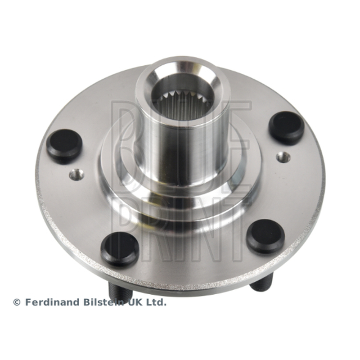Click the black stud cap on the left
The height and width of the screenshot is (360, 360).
pyautogui.click(x=64, y=145)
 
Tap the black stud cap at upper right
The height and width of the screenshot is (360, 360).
pyautogui.click(x=287, y=128)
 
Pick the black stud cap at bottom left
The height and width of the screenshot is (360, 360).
pyautogui.click(x=120, y=249)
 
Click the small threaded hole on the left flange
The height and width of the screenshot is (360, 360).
pyautogui.click(x=76, y=175)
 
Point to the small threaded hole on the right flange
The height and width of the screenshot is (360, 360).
pyautogui.click(x=283, y=157)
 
